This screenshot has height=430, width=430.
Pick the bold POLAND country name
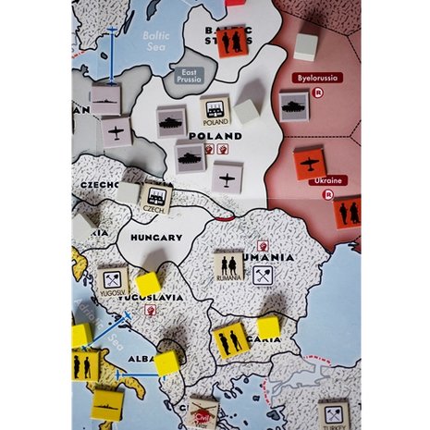point(215,135)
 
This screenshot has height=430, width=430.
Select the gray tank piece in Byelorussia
point(295,104)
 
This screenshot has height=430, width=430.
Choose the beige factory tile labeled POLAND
point(216,112)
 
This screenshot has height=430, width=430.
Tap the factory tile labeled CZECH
point(155,197)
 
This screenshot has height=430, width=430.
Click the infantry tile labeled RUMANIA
point(229,265)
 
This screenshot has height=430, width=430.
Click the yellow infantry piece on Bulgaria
point(229,339)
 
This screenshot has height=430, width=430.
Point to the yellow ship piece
point(108,404)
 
